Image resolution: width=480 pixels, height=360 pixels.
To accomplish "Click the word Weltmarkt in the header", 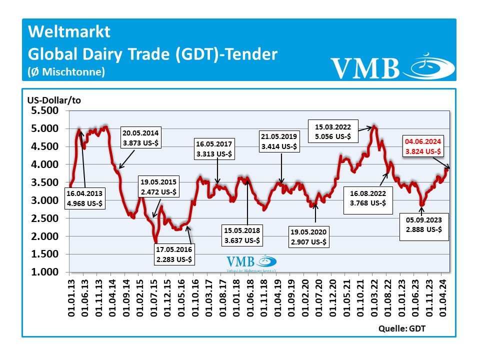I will tap(69, 32).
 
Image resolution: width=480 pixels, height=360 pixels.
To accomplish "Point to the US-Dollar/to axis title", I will tap(54, 100).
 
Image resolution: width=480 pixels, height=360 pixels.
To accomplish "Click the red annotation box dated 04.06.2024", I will tap(423, 146).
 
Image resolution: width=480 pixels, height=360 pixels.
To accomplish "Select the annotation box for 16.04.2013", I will tap(84, 198).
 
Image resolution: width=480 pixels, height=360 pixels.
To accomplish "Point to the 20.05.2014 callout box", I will tap(140, 138).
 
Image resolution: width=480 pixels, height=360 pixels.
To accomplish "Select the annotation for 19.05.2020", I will tap(309, 237).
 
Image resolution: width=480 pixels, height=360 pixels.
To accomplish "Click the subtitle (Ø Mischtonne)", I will tap(66, 72).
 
